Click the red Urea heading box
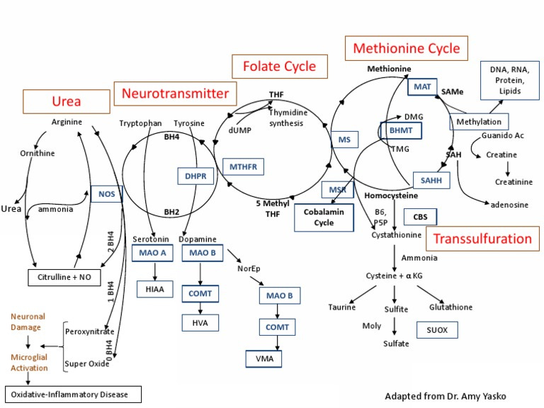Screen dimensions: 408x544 (66, 102)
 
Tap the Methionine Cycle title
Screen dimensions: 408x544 (406, 49)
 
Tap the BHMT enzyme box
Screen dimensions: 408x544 (400, 131)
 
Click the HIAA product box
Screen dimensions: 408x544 (154, 288)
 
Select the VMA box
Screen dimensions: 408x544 (263, 359)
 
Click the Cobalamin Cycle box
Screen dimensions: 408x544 (323, 217)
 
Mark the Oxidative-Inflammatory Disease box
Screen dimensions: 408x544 (72, 394)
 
